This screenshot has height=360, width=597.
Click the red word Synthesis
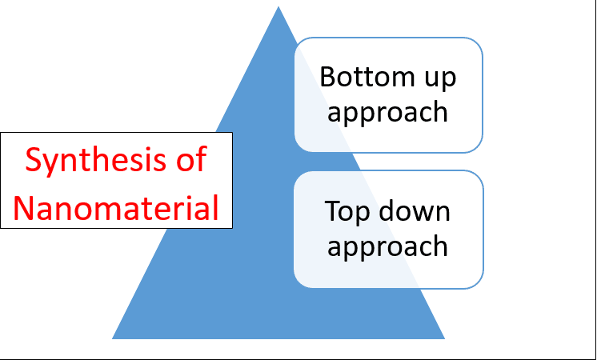(95, 160)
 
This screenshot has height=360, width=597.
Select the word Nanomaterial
(116, 207)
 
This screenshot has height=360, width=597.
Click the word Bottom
(361, 77)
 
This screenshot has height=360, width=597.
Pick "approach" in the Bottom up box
(387, 113)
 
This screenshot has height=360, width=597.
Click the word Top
(347, 212)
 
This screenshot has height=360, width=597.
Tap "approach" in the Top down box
(387, 246)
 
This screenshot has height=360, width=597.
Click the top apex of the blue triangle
(278, 6)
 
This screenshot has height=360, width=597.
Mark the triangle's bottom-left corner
(112, 338)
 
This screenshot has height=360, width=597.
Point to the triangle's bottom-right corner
(444, 338)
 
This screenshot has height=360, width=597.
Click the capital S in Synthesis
(33, 158)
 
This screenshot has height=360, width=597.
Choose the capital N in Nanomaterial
(24, 207)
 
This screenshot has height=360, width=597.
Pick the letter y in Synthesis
(51, 164)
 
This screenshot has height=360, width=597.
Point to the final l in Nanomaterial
(216, 206)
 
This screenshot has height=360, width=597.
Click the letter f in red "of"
(201, 158)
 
